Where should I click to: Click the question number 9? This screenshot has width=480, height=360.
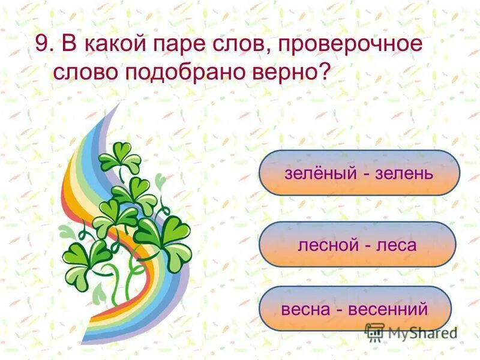[41, 45]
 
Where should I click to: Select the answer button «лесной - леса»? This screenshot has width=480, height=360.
[357, 244]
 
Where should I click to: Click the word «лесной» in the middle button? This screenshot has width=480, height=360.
[326, 244]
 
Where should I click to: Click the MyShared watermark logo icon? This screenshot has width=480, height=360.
[375, 332]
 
